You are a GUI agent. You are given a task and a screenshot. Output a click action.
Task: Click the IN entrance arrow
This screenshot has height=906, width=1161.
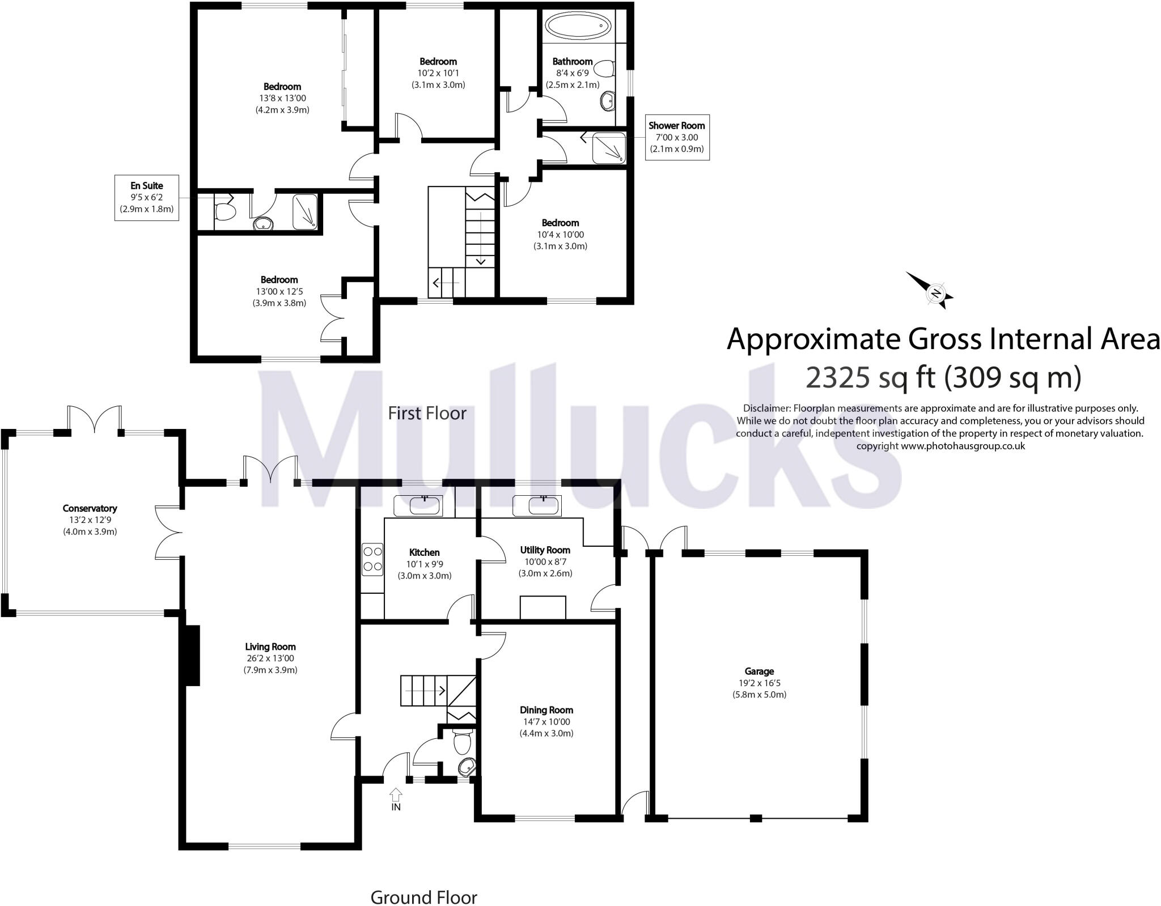click(396, 794)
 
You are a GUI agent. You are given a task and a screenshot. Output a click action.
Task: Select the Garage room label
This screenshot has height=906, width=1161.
click(759, 671)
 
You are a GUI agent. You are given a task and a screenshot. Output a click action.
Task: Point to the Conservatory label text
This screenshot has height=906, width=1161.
click(90, 508)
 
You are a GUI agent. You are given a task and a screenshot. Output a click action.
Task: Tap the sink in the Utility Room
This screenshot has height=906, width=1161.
click(536, 505)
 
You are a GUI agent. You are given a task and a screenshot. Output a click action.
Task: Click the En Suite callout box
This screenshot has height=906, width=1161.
click(147, 197)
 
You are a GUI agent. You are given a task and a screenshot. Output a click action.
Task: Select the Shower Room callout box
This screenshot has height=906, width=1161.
click(677, 137)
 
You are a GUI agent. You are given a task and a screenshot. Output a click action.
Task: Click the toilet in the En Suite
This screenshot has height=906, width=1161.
click(225, 212)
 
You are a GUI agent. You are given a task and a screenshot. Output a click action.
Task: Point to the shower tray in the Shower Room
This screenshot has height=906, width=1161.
click(609, 148)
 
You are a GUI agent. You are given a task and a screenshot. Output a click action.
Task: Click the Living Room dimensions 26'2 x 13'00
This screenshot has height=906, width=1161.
click(270, 658)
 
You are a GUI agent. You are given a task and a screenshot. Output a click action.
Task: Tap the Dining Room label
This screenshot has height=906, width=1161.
click(546, 710)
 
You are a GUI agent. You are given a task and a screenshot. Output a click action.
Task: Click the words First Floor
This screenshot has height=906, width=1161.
click(427, 413)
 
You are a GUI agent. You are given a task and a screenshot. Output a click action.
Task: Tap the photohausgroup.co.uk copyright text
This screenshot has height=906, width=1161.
click(940, 445)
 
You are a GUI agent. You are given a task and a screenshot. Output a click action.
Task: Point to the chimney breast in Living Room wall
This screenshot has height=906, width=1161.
click(192, 656)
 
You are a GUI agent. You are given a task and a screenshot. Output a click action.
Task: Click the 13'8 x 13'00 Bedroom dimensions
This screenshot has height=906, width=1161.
click(282, 98)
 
